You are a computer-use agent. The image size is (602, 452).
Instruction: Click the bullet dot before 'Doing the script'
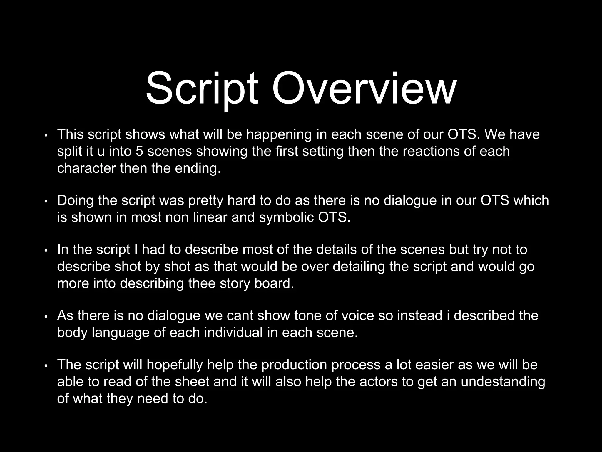tap(46, 202)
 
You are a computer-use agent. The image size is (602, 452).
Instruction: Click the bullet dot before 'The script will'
tap(46, 366)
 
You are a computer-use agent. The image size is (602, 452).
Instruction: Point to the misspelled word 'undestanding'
tap(503, 382)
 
